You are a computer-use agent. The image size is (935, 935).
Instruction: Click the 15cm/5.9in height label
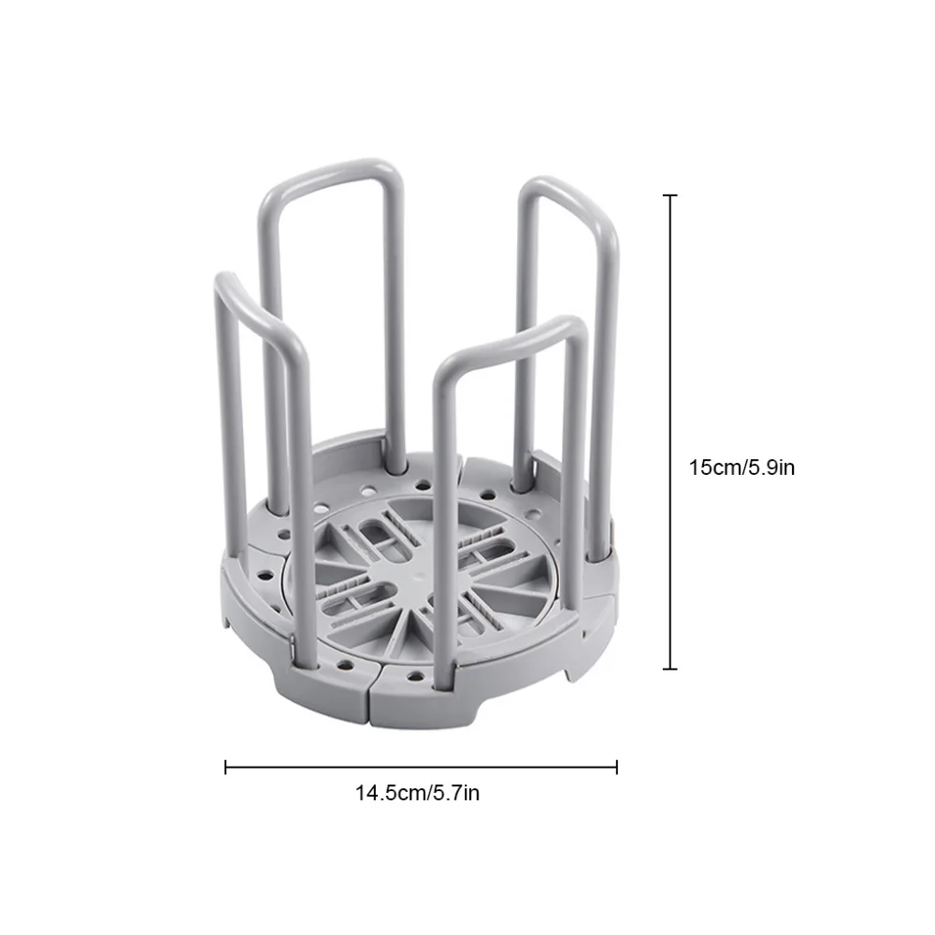(741, 467)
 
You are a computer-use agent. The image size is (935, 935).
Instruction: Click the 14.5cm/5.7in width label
(417, 793)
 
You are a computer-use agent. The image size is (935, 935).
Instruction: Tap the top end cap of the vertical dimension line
(670, 195)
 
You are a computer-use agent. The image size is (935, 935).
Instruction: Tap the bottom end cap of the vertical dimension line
(670, 669)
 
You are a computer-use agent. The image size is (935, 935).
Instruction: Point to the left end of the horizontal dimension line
(225, 767)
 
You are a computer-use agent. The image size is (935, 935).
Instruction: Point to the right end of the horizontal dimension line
(616, 767)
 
